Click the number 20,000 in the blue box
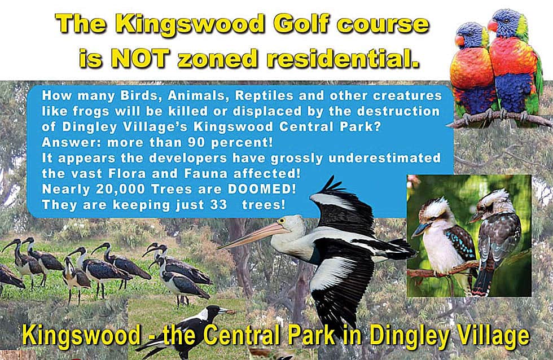tap(120, 190)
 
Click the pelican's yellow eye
tap(281, 221)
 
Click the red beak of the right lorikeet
tap(492, 25)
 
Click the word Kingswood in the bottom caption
tap(81, 335)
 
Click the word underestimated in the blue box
tap(384, 158)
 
